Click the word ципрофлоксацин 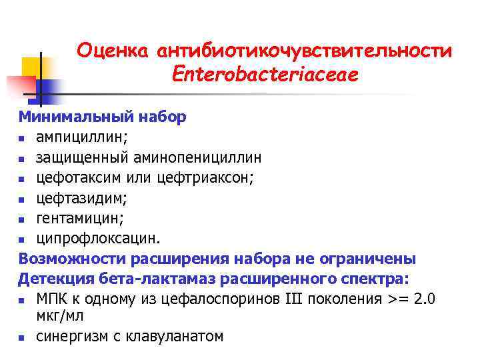[97, 238]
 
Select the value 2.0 [425, 299]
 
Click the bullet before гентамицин [23, 219]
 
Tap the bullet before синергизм [23, 337]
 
